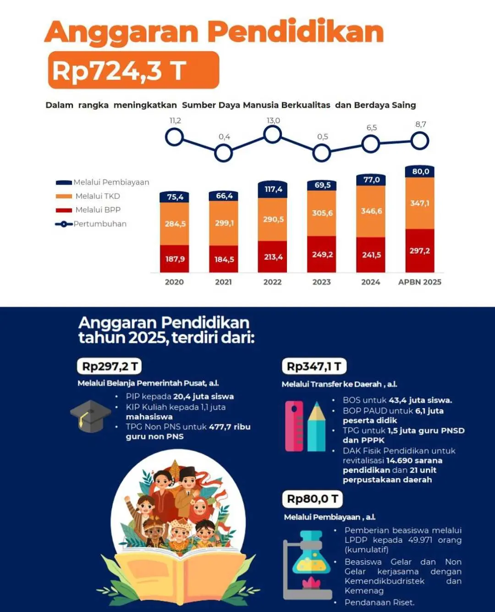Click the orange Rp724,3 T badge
click(x=133, y=70)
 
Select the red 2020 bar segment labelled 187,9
click(x=175, y=259)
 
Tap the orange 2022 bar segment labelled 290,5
click(x=273, y=219)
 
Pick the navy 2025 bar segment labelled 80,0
click(x=420, y=171)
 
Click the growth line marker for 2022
click(x=273, y=134)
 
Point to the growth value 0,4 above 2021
click(x=224, y=137)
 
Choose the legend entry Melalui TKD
click(x=97, y=196)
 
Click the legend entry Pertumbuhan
click(x=99, y=224)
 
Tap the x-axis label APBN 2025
click(x=419, y=282)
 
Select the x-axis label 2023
click(x=322, y=282)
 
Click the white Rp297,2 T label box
click(x=110, y=366)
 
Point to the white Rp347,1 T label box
click(x=314, y=366)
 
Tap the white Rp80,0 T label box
click(x=313, y=499)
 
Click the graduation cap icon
click(x=90, y=416)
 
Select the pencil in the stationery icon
click(x=316, y=426)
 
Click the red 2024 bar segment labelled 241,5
click(x=371, y=255)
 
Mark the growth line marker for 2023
click(x=322, y=153)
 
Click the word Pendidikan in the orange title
click(x=296, y=32)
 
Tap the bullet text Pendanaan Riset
click(x=379, y=602)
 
